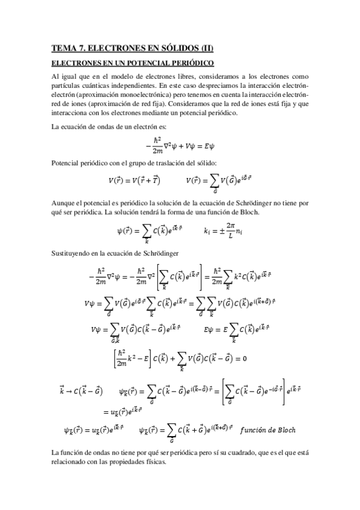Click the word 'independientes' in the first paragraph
[131, 85]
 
